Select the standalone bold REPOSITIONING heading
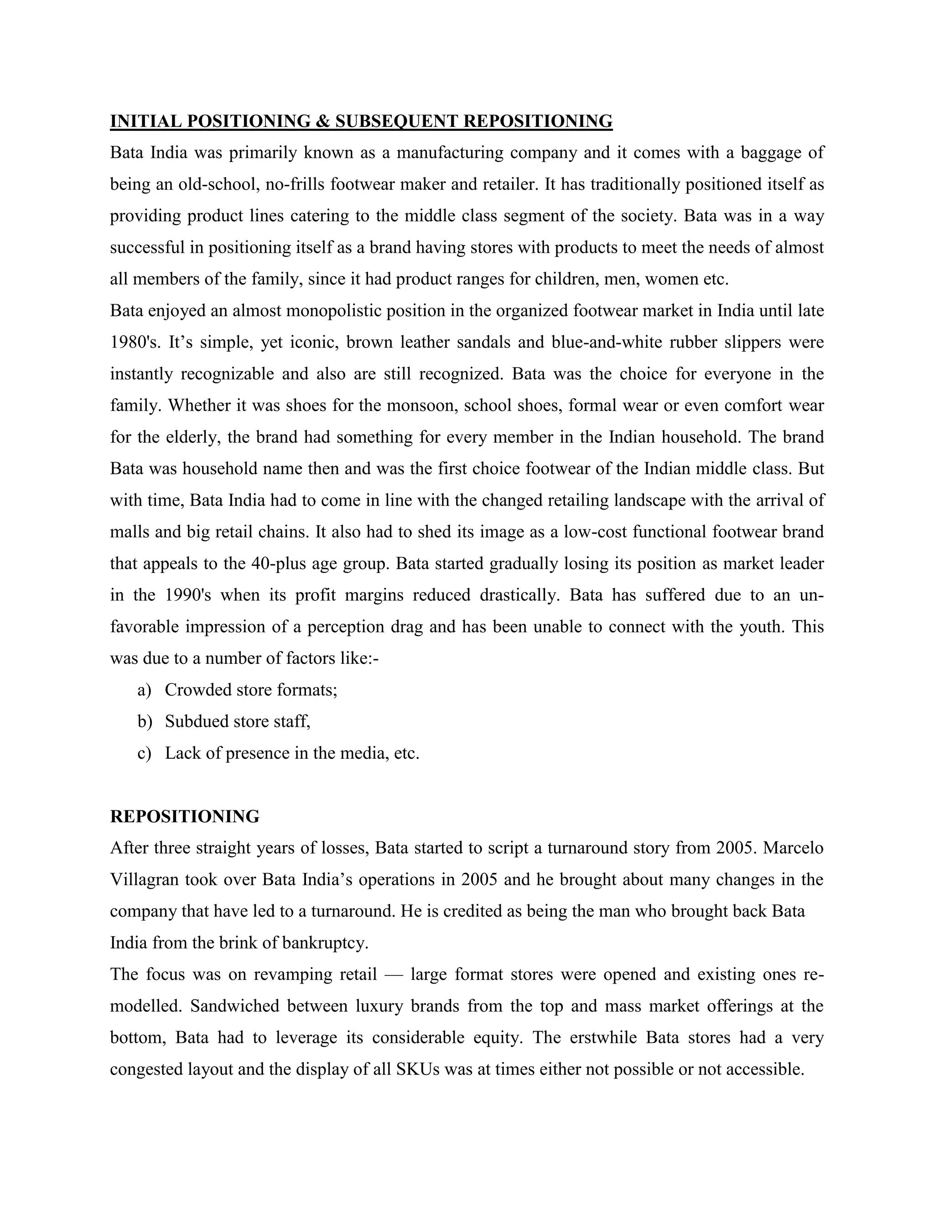click(185, 817)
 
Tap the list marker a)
click(144, 690)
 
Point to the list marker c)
click(144, 753)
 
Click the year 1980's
click(133, 342)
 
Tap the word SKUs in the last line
click(418, 1069)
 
